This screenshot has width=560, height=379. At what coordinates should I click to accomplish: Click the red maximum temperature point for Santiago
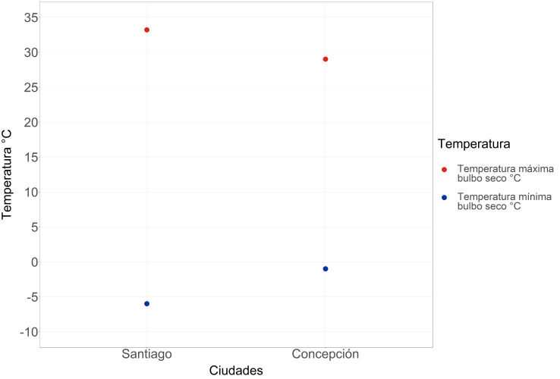tap(146, 30)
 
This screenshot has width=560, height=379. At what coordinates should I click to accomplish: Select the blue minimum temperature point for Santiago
tap(146, 304)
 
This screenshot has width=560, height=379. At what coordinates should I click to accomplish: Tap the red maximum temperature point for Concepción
tap(326, 59)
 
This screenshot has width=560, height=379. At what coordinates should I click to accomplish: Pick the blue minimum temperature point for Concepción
tap(326, 269)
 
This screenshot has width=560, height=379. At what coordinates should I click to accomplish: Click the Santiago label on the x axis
tap(146, 355)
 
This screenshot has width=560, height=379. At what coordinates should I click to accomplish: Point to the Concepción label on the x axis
tap(326, 355)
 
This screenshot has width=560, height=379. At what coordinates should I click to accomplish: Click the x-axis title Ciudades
tap(235, 371)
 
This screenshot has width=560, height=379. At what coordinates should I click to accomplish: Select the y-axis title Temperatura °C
tap(8, 174)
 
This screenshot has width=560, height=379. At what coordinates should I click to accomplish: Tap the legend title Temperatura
tap(473, 143)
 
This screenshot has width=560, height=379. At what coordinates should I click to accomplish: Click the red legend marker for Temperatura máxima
tap(445, 168)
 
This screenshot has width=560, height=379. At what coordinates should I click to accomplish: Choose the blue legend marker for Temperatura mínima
tap(445, 197)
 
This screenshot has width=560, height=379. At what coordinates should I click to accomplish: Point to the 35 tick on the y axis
tap(23, 17)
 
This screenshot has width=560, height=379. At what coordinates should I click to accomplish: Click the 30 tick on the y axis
tap(23, 52)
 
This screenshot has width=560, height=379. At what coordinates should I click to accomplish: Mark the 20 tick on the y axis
tap(23, 122)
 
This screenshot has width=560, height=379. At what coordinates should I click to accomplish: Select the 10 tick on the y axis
tap(23, 192)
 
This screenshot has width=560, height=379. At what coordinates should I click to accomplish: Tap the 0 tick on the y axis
tap(27, 262)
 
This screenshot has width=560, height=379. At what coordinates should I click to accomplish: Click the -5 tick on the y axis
tap(24, 297)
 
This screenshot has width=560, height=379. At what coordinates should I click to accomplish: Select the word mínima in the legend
tap(535, 196)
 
